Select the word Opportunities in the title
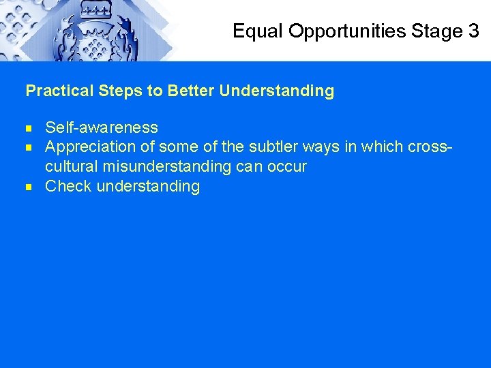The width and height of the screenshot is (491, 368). coord(348,31)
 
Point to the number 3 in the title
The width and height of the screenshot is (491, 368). coord(474,31)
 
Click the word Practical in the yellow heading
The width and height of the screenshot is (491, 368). coord(57,91)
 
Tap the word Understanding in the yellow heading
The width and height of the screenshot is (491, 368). coord(277,91)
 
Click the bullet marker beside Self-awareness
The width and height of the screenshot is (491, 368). coord(30,127)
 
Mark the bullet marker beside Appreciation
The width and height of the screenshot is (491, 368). coord(30,147)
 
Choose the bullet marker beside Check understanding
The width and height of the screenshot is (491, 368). coord(30,186)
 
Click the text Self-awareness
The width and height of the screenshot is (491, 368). coord(101,127)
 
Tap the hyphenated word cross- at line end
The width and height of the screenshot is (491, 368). coord(431,147)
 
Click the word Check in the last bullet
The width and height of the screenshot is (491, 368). coord(68,186)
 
